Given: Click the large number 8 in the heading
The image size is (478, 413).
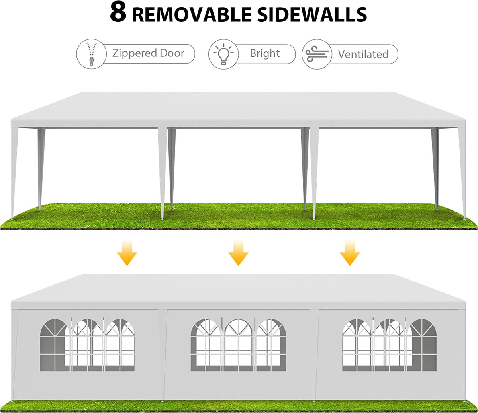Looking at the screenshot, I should pyautogui.click(x=118, y=13).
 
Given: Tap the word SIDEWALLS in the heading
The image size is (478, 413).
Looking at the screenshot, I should pyautogui.click(x=312, y=15).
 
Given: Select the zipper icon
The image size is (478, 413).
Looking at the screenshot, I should pyautogui.click(x=91, y=54).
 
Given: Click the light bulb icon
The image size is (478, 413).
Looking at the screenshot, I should pyautogui.click(x=223, y=54).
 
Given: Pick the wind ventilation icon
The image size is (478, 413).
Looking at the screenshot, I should pyautogui.click(x=317, y=54).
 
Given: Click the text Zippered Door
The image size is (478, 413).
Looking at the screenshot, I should pyautogui.click(x=148, y=53).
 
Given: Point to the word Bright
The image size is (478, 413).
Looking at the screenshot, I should pyautogui.click(x=265, y=53).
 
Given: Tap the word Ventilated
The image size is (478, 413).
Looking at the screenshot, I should pyautogui.click(x=363, y=54).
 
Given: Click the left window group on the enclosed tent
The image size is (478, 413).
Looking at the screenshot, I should pyautogui.click(x=87, y=345).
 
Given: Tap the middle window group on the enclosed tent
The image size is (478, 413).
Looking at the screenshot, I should pyautogui.click(x=238, y=345).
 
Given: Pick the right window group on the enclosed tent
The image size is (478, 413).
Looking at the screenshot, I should pyautogui.click(x=389, y=345).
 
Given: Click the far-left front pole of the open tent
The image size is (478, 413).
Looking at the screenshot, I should pyautogui.click(x=14, y=173).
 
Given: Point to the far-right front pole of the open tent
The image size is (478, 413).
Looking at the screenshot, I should pyautogui.click(x=462, y=173).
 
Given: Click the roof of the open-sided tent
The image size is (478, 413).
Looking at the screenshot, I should pyautogui.click(x=238, y=108).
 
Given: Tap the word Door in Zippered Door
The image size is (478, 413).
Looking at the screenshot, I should pyautogui.click(x=172, y=53).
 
